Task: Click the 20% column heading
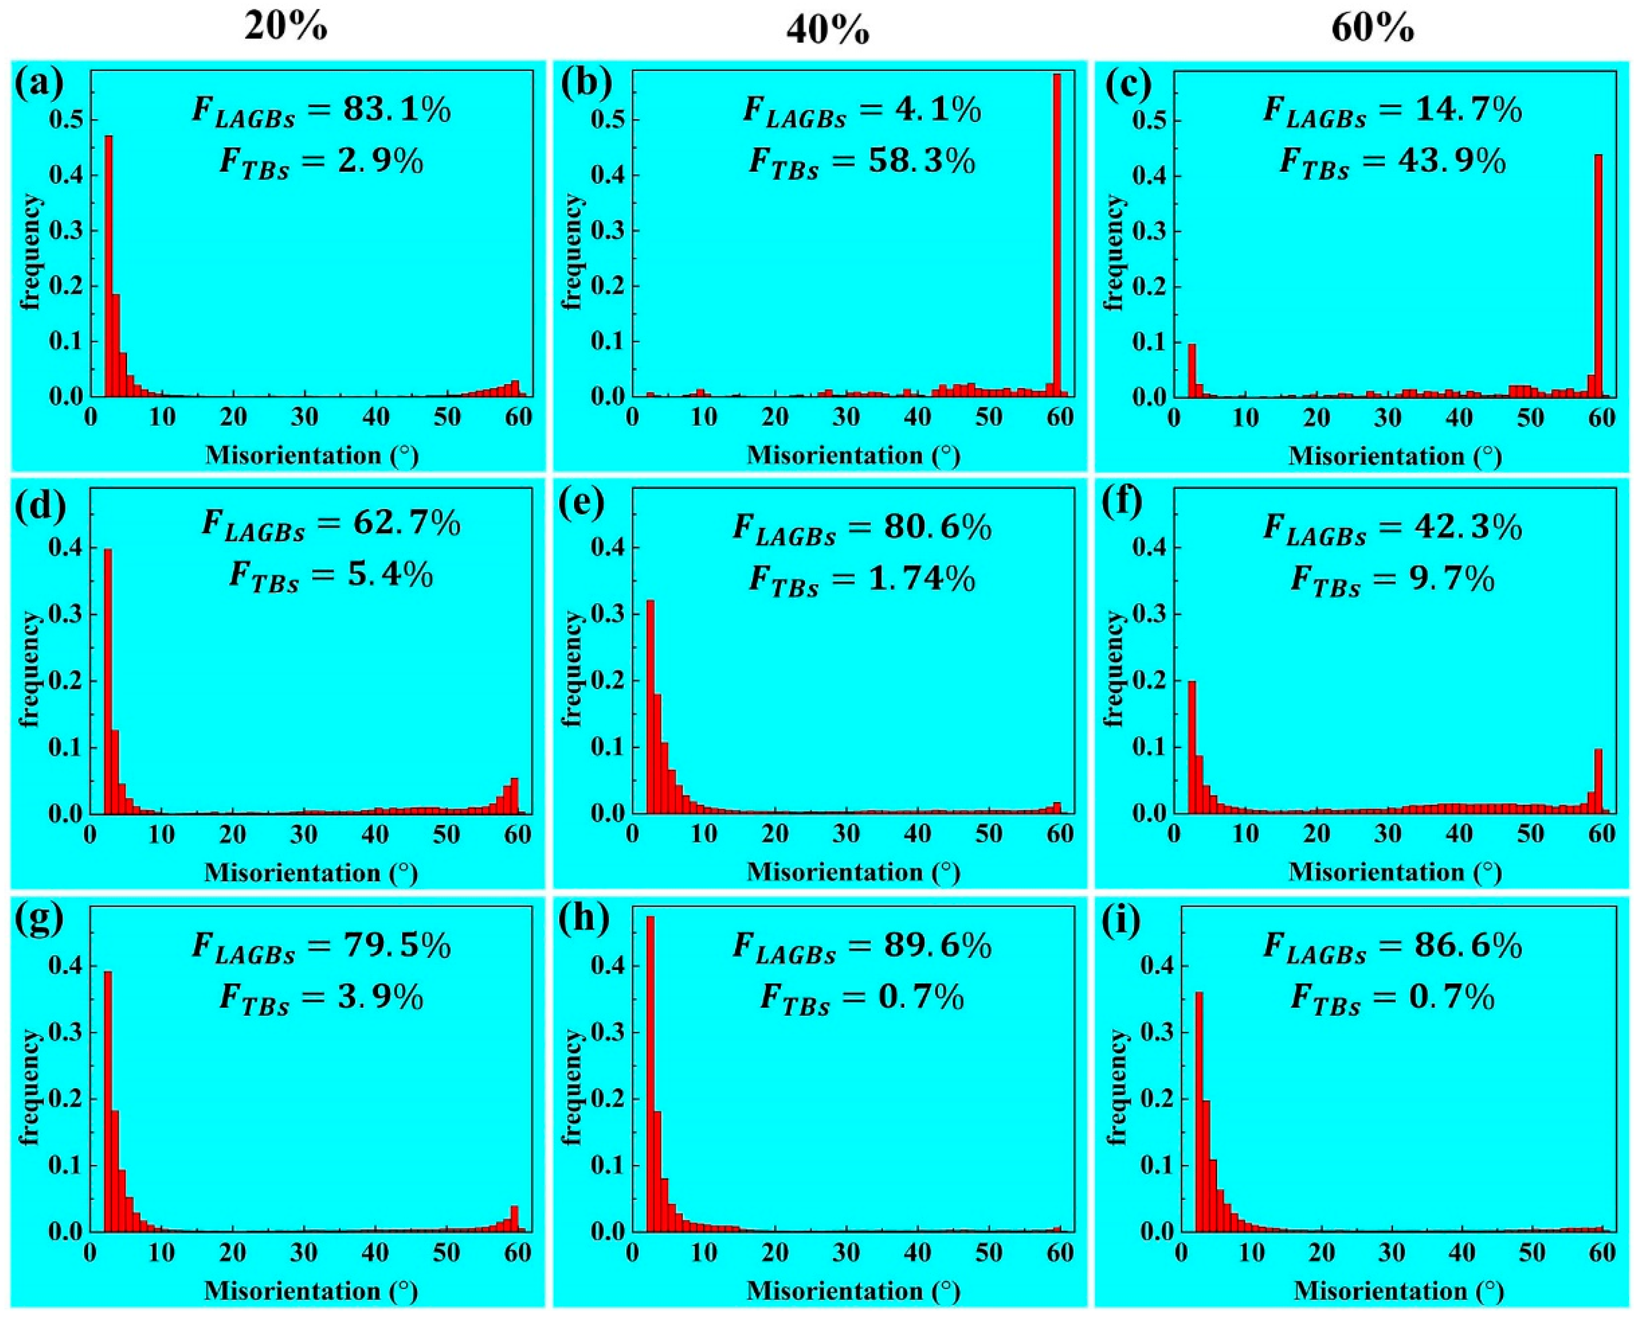click(x=286, y=28)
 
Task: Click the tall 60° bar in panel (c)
click(x=1598, y=274)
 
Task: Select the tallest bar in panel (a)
click(x=109, y=265)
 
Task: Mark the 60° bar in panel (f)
click(x=1598, y=781)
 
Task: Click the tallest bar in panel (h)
click(x=650, y=1074)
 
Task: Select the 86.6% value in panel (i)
click(x=1478, y=946)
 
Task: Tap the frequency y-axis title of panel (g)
click(x=31, y=1087)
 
